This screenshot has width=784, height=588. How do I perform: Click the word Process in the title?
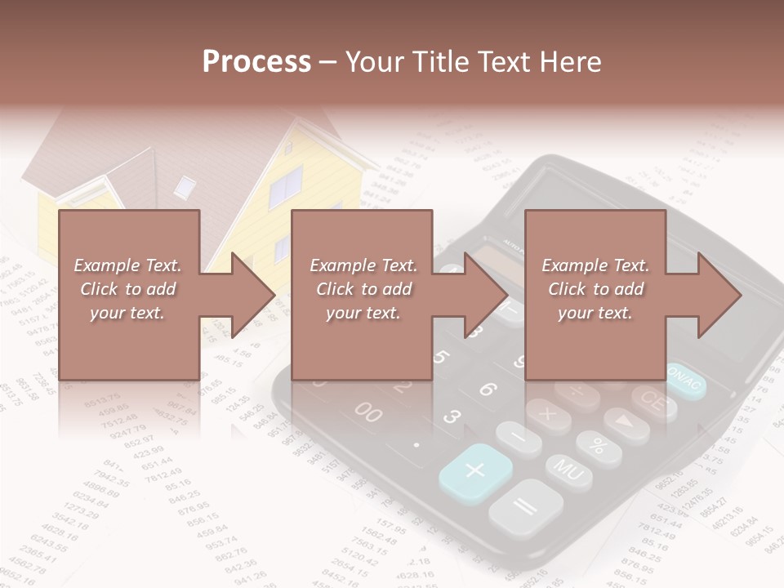(x=256, y=62)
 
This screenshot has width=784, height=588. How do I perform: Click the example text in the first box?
(x=128, y=289)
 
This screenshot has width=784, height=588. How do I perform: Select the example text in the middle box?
(x=363, y=289)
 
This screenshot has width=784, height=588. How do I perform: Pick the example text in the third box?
(x=595, y=289)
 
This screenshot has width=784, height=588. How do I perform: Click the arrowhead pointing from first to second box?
(x=252, y=295)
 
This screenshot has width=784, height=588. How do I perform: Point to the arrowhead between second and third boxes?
(x=486, y=295)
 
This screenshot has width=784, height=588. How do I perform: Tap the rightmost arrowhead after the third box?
(x=719, y=295)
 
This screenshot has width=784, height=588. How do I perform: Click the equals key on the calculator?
(x=525, y=507)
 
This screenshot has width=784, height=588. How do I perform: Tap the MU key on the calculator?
(x=568, y=471)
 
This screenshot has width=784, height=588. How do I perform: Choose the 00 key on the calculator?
(x=367, y=412)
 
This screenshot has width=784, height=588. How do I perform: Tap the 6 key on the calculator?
(x=488, y=390)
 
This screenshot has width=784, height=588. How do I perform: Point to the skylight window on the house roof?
(x=185, y=187)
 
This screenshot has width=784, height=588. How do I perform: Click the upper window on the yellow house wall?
(x=286, y=189)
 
